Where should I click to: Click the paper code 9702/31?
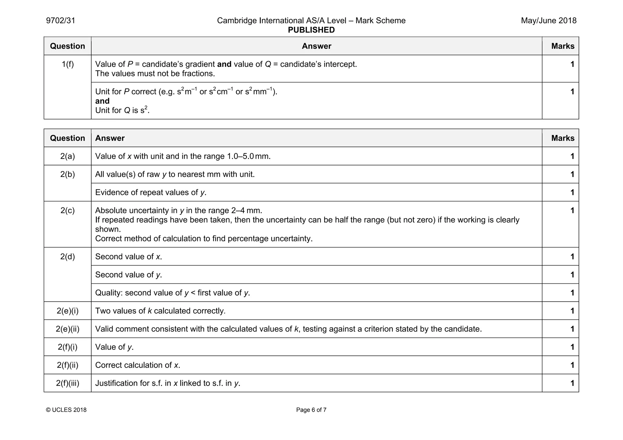(61, 21)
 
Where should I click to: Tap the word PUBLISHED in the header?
(311, 30)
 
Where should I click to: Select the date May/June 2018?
(548, 21)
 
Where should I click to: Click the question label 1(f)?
(68, 64)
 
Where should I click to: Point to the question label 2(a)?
(68, 156)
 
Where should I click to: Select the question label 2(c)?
(68, 210)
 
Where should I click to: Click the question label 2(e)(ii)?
(68, 329)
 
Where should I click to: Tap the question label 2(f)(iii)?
(68, 383)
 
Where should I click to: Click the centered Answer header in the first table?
(316, 46)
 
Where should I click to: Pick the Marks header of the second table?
(563, 138)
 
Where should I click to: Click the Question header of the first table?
(68, 46)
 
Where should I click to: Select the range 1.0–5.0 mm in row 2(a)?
(249, 156)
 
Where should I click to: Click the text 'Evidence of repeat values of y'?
(151, 192)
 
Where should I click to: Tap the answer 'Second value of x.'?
(128, 257)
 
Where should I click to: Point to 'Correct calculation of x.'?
(137, 365)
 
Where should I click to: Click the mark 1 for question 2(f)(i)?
(572, 347)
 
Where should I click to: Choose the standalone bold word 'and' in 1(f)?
(102, 101)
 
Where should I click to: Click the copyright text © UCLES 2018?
(66, 410)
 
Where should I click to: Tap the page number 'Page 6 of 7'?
(311, 410)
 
